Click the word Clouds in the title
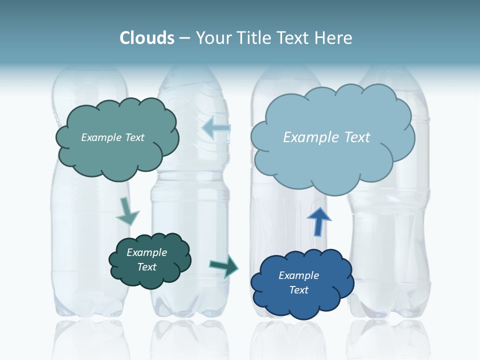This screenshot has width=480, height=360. pyautogui.click(x=146, y=38)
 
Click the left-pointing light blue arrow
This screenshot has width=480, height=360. pyautogui.click(x=216, y=128)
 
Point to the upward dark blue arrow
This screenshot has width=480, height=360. pyautogui.click(x=319, y=221)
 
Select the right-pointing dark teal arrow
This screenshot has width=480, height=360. pyautogui.click(x=223, y=265)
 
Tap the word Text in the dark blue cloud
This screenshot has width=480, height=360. pyautogui.click(x=298, y=290)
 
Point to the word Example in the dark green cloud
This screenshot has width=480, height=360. pyautogui.click(x=146, y=252)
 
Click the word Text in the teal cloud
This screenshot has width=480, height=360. pyautogui.click(x=134, y=137)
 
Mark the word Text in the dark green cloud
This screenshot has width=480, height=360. pyautogui.click(x=146, y=267)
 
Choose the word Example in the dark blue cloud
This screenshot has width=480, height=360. pyautogui.click(x=298, y=275)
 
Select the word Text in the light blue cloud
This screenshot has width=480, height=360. pyautogui.click(x=356, y=137)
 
